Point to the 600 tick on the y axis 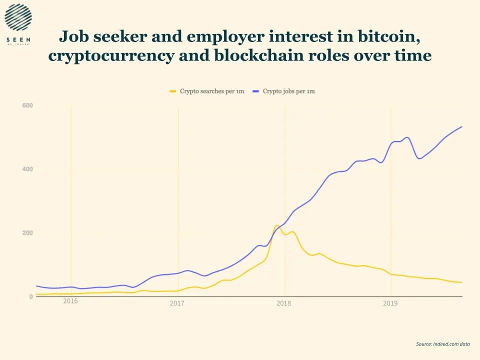pos(27,105)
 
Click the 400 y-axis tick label pos(27,169)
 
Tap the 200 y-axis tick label pos(27,233)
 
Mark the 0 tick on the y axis pos(30,296)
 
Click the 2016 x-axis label pos(70,301)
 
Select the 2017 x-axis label pos(177,303)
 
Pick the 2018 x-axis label pos(283,303)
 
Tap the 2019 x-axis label pos(390,303)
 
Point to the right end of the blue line pos(461,126)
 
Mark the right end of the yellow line pos(461,282)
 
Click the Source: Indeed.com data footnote pos(442,344)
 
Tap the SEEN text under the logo pos(18,39)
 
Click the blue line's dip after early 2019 pos(419,158)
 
